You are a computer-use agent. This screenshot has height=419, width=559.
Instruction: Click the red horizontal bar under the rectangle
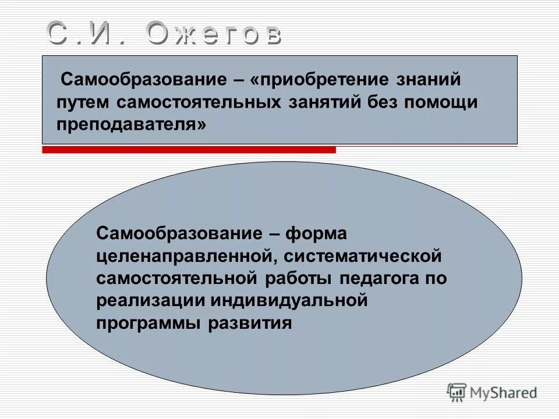pos(189,150)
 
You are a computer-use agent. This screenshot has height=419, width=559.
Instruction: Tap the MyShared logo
pos(492,393)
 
